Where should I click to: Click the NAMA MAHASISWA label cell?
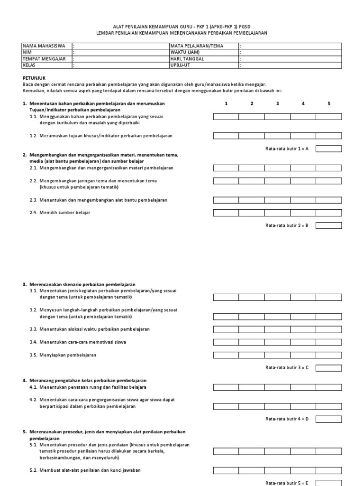click(44, 46)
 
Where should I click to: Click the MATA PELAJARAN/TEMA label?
click(197, 46)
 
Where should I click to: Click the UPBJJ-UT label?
click(182, 66)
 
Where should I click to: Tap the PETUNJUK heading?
click(34, 77)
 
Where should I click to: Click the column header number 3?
click(277, 103)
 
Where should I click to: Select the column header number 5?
click(328, 103)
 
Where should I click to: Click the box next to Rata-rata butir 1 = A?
click(328, 149)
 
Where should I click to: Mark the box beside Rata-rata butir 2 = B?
click(328, 225)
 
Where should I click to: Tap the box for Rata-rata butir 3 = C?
click(328, 367)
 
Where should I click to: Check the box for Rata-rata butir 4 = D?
click(328, 419)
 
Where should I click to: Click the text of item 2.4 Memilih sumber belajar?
click(64, 213)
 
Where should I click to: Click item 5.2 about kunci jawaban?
click(90, 470)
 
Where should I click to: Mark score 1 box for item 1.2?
click(226, 136)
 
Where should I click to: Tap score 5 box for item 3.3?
click(328, 329)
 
